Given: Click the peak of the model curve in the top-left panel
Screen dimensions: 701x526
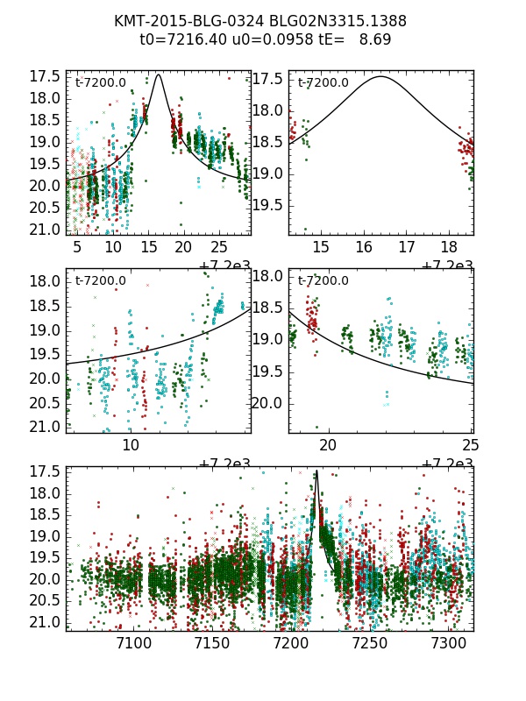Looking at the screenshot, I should tap(158, 75).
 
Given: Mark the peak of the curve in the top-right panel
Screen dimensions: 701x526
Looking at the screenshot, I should tap(380, 77).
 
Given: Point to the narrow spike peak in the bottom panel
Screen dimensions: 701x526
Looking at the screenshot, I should tap(316, 473).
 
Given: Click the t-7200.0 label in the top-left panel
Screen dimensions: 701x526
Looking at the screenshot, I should tap(101, 83).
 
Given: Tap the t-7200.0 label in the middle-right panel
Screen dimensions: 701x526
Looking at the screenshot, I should tap(323, 281).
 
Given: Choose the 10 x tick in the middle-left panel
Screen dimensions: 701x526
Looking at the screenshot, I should tap(131, 446).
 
